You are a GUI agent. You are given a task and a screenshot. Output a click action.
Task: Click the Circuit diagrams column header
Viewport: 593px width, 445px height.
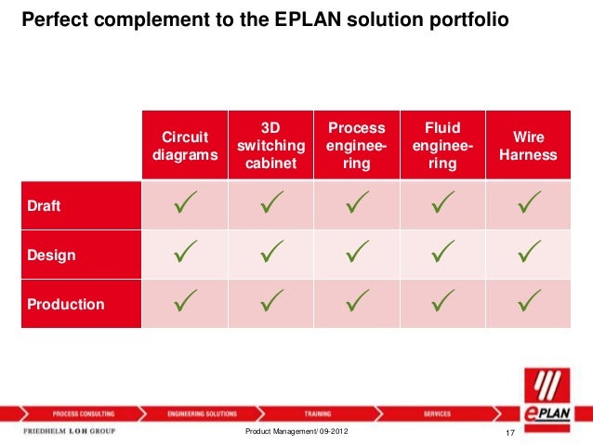[185, 146]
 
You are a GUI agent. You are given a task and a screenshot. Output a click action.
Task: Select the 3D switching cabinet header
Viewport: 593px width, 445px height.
[270, 146]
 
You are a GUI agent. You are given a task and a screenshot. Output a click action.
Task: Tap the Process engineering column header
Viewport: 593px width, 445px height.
[357, 146]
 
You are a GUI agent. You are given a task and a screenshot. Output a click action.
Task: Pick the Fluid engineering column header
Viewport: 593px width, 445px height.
[442, 146]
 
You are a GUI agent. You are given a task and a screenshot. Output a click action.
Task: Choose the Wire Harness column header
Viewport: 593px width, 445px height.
[528, 146]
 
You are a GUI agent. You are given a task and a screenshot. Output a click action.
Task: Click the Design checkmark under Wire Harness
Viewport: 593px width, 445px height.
[528, 254]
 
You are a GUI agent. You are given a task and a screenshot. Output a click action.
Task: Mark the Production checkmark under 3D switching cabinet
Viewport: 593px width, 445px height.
[270, 302]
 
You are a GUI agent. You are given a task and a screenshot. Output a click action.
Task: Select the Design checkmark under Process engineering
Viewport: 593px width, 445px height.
[357, 254]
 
